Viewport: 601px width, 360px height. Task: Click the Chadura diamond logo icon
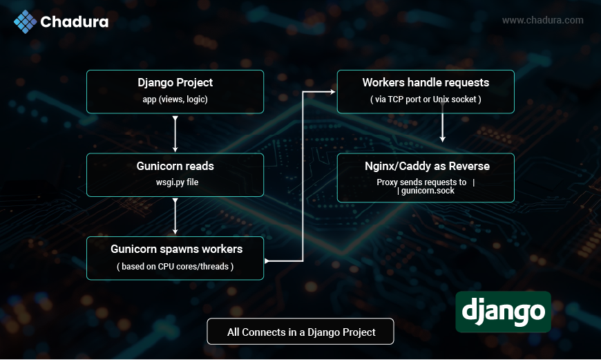[26, 21]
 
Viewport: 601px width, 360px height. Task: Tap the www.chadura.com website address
[543, 20]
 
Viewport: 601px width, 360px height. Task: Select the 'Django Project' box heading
[175, 82]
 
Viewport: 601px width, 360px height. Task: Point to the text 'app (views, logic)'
[175, 100]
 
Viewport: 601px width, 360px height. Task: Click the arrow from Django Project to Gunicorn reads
[175, 134]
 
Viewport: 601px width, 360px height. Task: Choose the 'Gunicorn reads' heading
[175, 166]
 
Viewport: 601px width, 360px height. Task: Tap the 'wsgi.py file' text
[177, 182]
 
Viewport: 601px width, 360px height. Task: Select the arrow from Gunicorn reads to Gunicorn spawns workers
[175, 216]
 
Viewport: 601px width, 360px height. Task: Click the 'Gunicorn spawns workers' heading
[177, 249]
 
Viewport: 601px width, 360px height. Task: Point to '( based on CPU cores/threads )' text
[175, 267]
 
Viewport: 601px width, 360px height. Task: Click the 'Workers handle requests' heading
[426, 82]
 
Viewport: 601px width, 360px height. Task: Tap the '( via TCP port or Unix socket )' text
[426, 100]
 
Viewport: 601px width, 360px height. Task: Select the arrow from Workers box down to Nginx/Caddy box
[442, 123]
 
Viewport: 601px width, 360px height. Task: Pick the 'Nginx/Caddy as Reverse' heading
[427, 166]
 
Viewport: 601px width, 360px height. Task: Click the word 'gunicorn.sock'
[428, 191]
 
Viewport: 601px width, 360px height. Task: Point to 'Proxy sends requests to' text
[421, 182]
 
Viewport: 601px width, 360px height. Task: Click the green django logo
[504, 312]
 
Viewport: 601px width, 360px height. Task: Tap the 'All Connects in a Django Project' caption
[301, 332]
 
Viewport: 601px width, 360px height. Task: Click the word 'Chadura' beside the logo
[75, 22]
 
